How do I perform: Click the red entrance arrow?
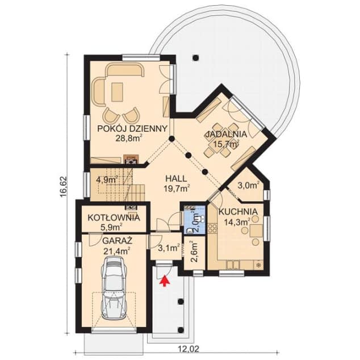[x=166, y=279]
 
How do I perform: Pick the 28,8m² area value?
[x=128, y=138]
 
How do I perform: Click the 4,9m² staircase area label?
[x=106, y=179]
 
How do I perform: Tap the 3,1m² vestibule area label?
[x=169, y=248]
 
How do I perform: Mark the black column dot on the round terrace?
[x=195, y=57]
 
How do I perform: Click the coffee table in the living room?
[x=119, y=91]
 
